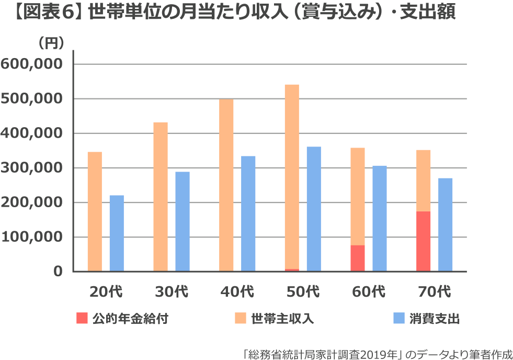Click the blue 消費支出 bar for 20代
[x=117, y=233]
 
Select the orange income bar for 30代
[x=161, y=197]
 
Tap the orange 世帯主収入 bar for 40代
[x=226, y=185]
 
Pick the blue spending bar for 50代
[x=314, y=209]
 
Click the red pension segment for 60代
[x=358, y=258]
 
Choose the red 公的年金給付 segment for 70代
[x=424, y=241]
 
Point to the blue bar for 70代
[x=446, y=224]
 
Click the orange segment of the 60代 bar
[x=358, y=196]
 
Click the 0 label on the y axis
[x=57, y=272]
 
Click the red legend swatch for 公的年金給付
[x=82, y=319]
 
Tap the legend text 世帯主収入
[x=282, y=319]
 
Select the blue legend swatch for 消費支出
[x=399, y=319]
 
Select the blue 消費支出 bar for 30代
[x=183, y=221]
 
